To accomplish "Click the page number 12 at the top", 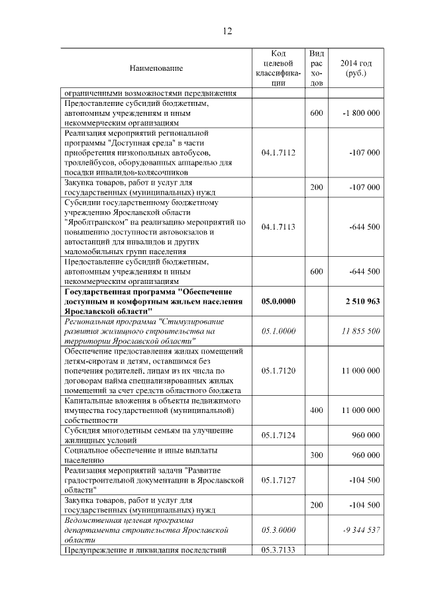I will point(227,31).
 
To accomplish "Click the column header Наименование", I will point(156,68).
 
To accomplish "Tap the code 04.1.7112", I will point(278,153).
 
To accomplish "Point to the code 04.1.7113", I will point(278,227).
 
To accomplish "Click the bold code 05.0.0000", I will point(278,301).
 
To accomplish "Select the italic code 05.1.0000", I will point(278,330).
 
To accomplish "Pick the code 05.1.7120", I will point(278,371).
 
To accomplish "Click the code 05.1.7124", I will point(278,436).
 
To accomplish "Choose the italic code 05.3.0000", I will point(278,530).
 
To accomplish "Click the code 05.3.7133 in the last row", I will point(278,550).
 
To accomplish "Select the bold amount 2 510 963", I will point(362,301).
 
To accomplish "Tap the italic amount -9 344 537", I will point(361,530).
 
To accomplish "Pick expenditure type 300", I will point(317,455).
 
